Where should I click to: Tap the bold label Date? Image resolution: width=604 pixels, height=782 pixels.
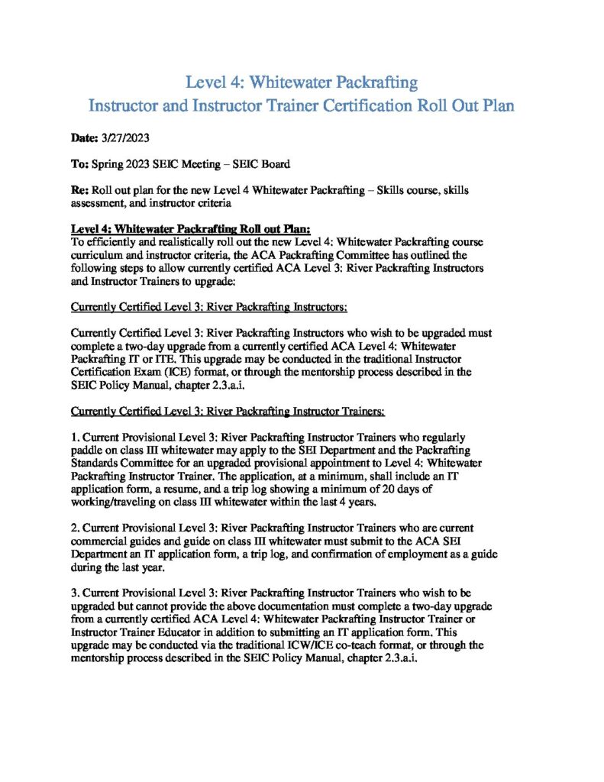pos(84,138)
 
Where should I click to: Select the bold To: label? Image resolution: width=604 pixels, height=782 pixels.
pos(79,164)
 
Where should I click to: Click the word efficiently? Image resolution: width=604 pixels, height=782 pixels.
pos(113,241)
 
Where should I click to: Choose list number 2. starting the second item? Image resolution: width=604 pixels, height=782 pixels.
pos(74,527)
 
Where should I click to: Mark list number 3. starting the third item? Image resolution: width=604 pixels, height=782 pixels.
pos(74,592)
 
